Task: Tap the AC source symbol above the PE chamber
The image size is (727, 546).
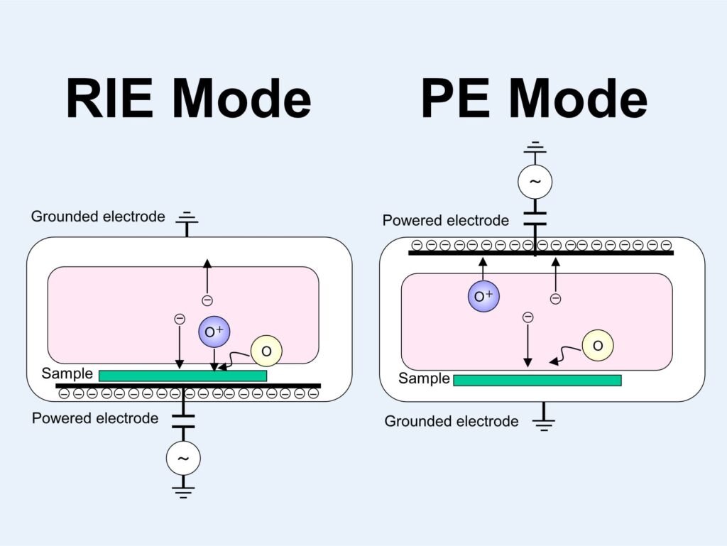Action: tap(535, 182)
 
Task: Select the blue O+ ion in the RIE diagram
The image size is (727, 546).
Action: tap(215, 332)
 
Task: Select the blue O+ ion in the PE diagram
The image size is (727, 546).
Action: tap(483, 295)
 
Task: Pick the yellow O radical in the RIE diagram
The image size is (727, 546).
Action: tap(266, 351)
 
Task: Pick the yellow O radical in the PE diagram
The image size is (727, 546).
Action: tap(598, 345)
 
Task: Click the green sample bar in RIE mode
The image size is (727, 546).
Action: tap(182, 376)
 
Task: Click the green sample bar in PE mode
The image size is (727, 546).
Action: tap(537, 381)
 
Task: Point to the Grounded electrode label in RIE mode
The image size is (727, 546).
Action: tap(98, 217)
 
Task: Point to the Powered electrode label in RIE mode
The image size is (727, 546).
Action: tap(95, 418)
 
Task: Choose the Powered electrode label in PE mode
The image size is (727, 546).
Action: tap(446, 221)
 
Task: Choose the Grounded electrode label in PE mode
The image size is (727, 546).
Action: tap(452, 422)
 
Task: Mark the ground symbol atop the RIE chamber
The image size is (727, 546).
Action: tap(187, 217)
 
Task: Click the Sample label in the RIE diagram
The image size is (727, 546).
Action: tap(67, 373)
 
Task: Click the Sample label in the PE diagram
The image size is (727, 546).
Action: tap(424, 378)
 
